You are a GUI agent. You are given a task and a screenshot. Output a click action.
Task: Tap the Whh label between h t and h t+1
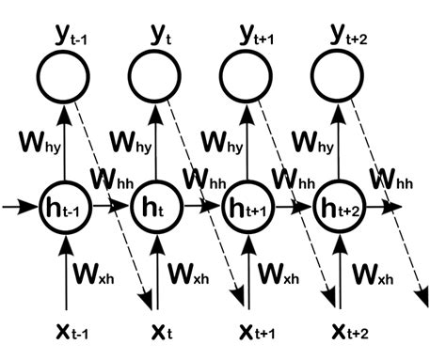pyautogui.click(x=209, y=178)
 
